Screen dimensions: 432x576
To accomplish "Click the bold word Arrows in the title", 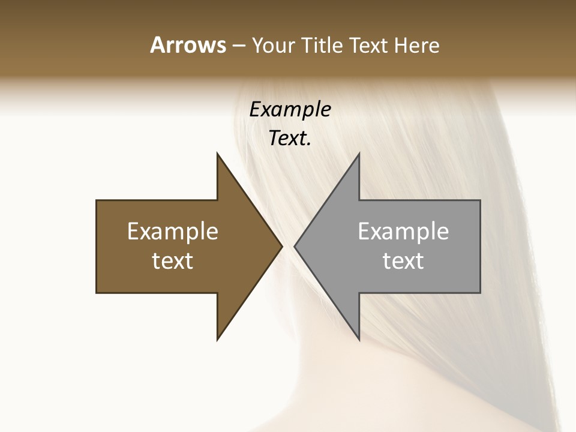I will (x=188, y=45).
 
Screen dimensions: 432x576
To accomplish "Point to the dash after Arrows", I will (x=238, y=46).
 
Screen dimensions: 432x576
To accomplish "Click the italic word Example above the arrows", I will (x=290, y=109).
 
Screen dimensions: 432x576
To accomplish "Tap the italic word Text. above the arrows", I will (x=290, y=139).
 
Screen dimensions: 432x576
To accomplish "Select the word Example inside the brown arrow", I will (x=173, y=231).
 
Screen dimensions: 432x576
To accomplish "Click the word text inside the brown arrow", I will (x=173, y=260).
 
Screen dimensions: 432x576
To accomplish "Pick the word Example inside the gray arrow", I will (x=403, y=231).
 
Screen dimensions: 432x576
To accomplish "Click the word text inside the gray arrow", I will (x=403, y=260).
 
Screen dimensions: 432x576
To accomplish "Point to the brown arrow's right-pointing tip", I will (x=282, y=246).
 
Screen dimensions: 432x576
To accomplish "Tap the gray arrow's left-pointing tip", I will (x=295, y=246).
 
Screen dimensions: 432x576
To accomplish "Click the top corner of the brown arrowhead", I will (x=217, y=153).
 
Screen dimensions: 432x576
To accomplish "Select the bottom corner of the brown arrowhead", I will (x=217, y=340).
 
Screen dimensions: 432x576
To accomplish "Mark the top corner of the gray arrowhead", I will (x=359, y=153).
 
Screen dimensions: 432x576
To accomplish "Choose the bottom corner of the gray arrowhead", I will (x=359, y=340).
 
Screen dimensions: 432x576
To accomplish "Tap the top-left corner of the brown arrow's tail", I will (x=97, y=200).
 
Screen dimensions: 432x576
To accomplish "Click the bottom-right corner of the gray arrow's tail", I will (x=480, y=293).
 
